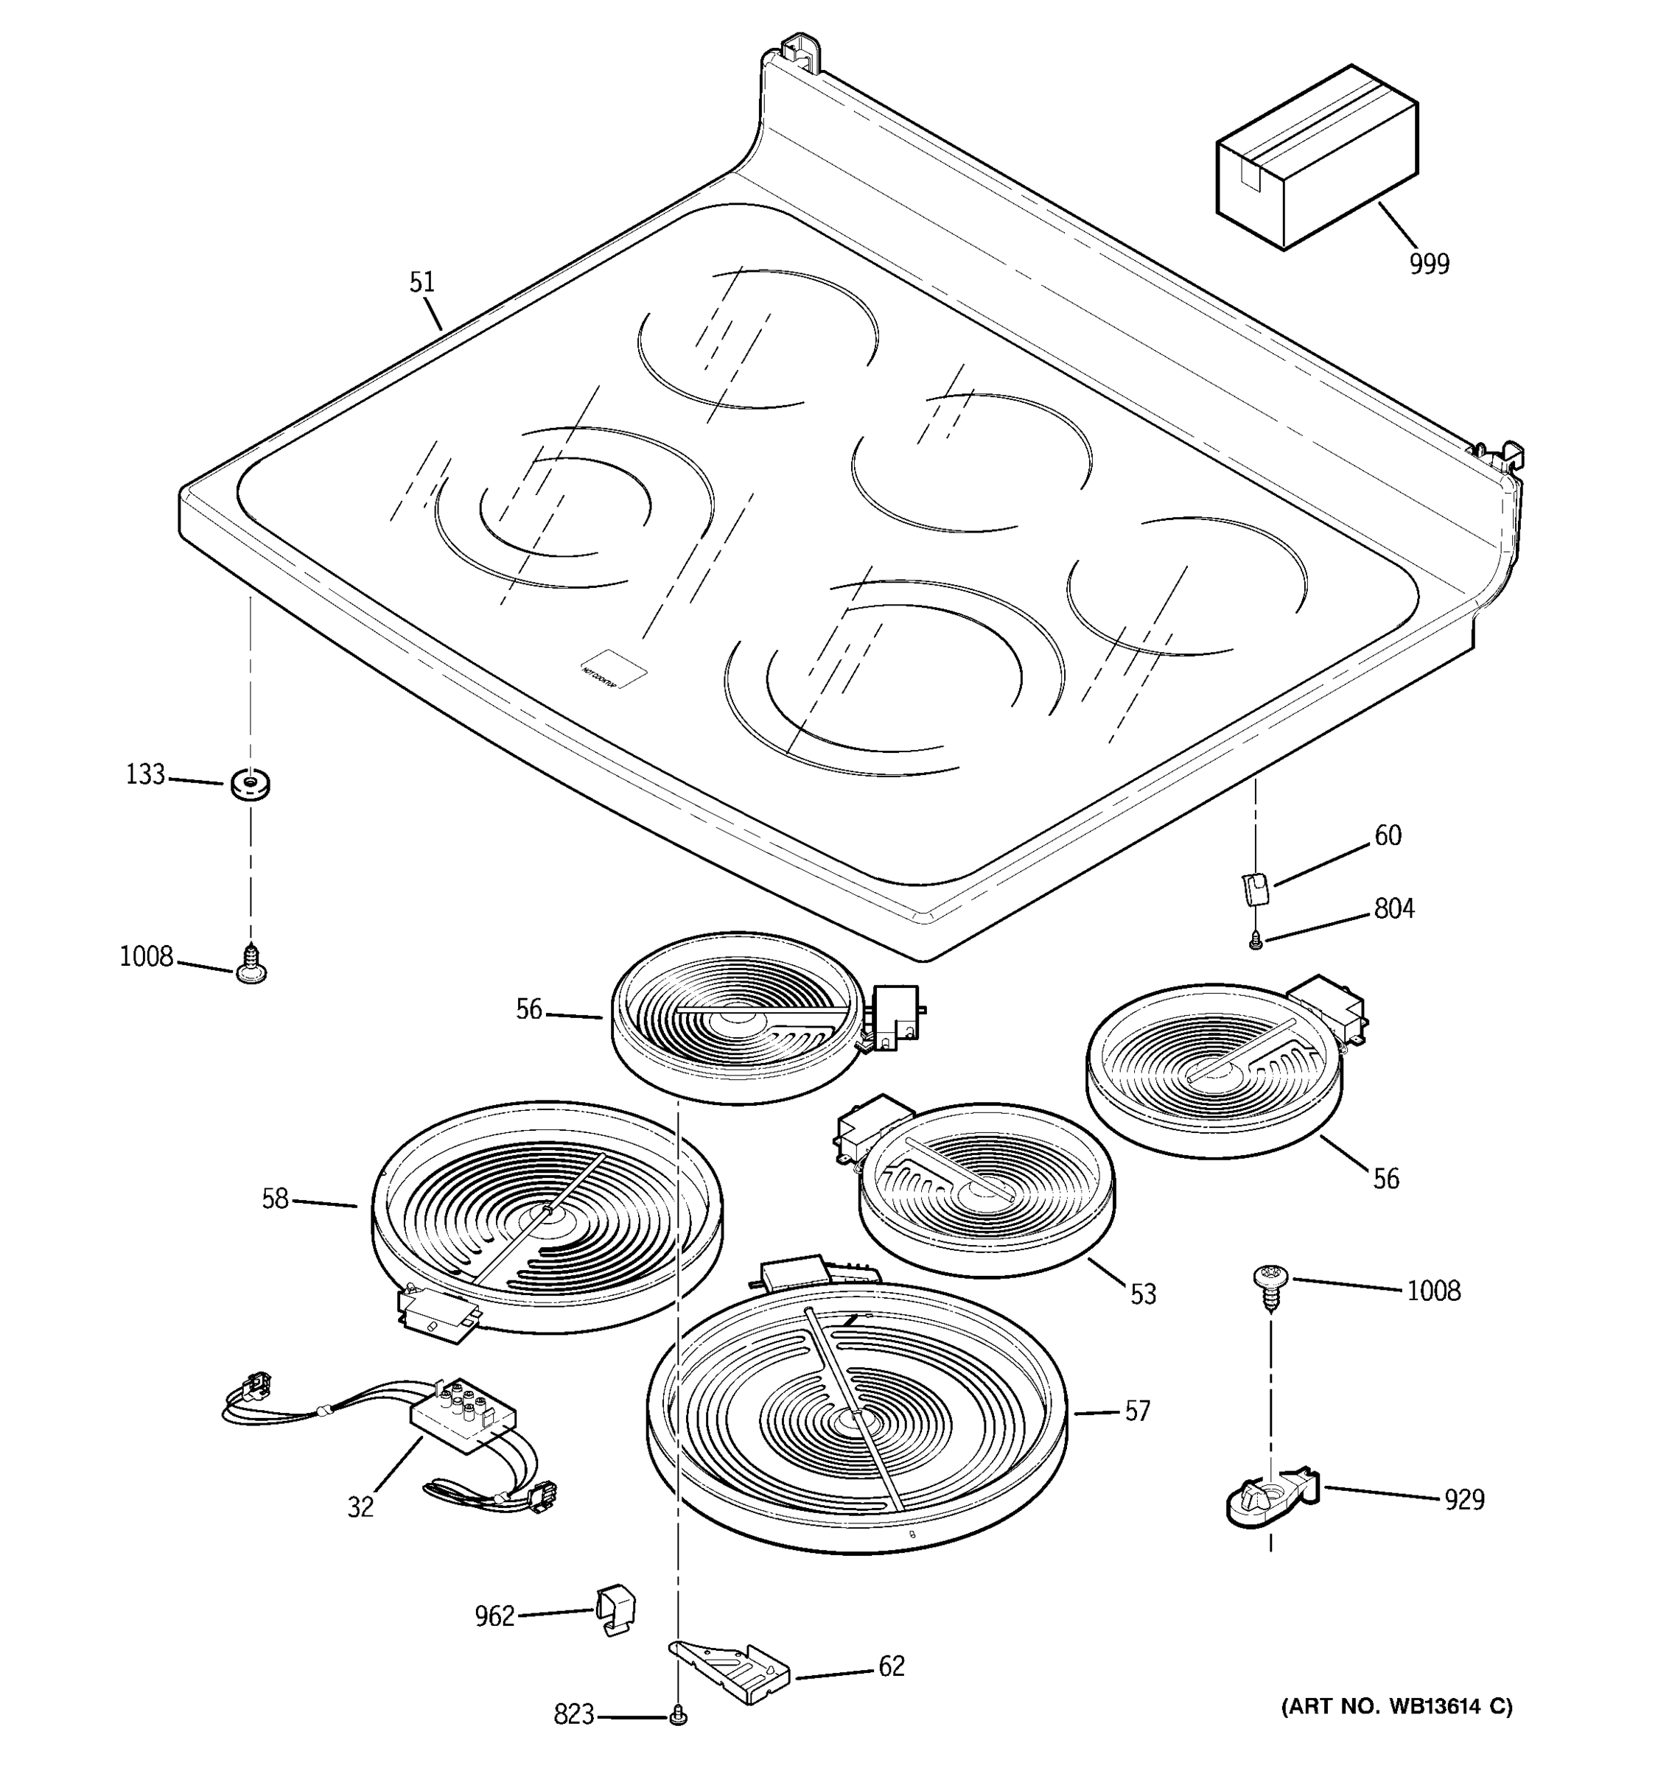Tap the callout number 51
coord(422,282)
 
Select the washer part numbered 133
coord(250,785)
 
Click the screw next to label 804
coord(1255,939)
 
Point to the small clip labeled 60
coord(1254,888)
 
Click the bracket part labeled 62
coord(730,1670)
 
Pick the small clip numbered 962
coord(615,1609)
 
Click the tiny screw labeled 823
coord(679,1716)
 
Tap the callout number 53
coord(1143,1294)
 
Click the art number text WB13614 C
coord(1396,1705)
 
